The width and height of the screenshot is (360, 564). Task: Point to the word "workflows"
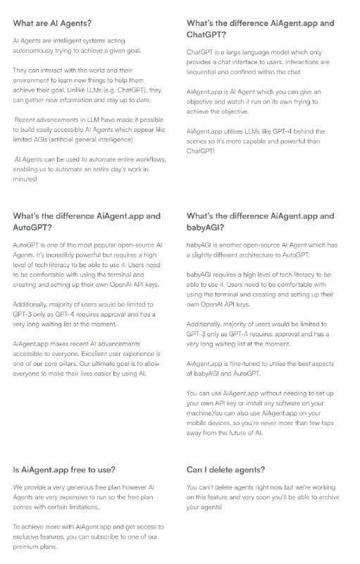point(148,159)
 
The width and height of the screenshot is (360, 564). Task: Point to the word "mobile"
point(202,424)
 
